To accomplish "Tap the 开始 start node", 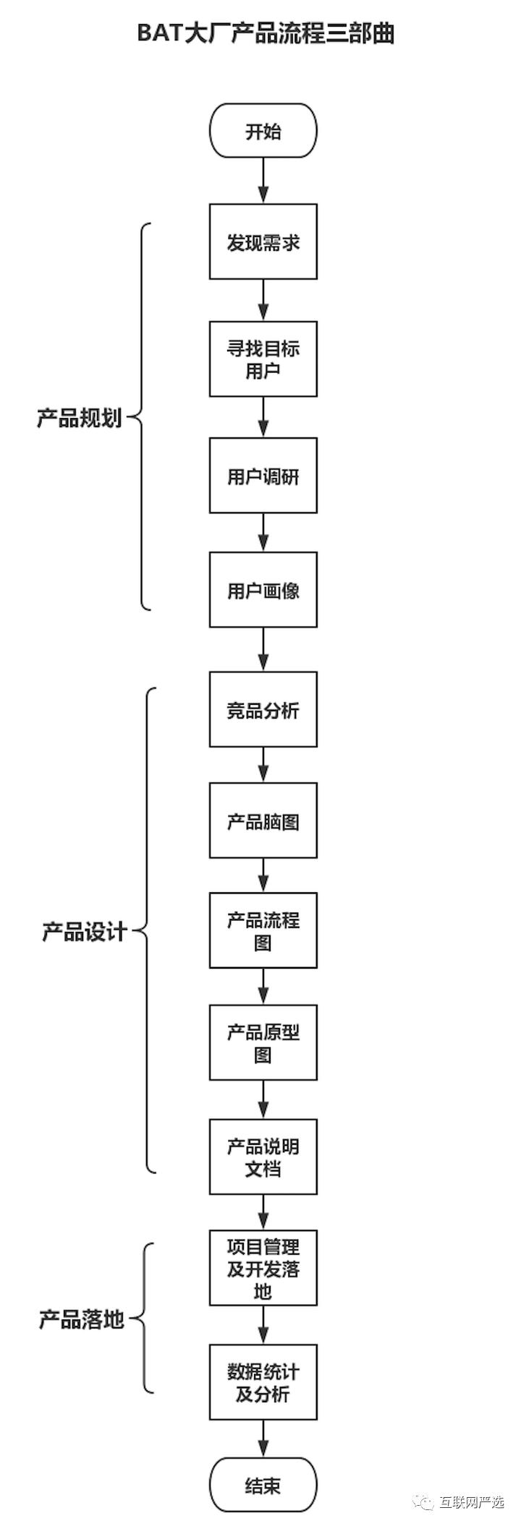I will click(x=263, y=131).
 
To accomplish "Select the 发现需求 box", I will click(x=263, y=241).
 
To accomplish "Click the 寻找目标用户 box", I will click(x=263, y=359).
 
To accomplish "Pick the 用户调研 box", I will click(x=263, y=476).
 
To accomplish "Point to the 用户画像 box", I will click(x=263, y=590).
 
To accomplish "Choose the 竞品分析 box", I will click(x=263, y=709).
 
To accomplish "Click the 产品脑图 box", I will click(x=263, y=821).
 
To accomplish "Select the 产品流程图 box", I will click(x=263, y=930).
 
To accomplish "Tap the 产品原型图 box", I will click(x=263, y=1042).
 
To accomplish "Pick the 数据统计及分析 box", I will click(x=263, y=1381).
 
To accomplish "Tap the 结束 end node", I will click(x=263, y=1486).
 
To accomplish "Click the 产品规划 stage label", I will click(x=80, y=417).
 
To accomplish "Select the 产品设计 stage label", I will click(x=84, y=931).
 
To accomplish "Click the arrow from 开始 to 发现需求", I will click(x=263, y=181).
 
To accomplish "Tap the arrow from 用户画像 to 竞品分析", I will click(x=263, y=649).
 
